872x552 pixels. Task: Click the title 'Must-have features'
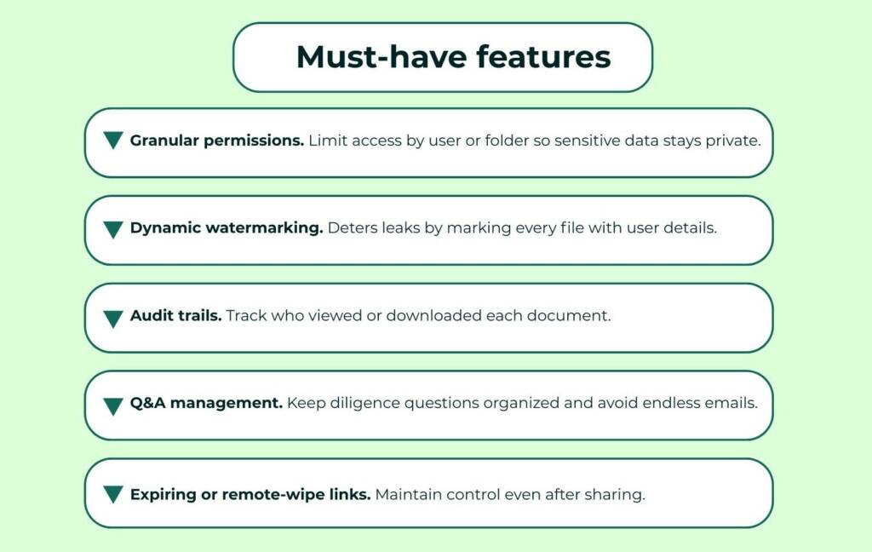tap(453, 57)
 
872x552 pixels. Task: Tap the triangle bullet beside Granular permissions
tap(113, 141)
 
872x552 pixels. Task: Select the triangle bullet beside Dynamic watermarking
tap(113, 229)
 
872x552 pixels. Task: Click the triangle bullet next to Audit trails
tap(113, 319)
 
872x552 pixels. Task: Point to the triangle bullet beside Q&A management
tap(113, 406)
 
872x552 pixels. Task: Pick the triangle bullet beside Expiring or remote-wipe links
tap(113, 494)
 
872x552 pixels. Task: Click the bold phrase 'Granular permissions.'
tap(216, 141)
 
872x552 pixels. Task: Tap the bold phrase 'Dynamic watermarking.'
tap(227, 229)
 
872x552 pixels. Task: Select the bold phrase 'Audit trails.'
tap(175, 316)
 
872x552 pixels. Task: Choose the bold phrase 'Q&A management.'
tap(206, 403)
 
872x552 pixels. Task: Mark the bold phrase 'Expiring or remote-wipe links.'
tap(250, 494)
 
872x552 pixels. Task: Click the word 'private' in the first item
tap(731, 141)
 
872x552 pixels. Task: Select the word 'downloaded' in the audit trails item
tap(433, 316)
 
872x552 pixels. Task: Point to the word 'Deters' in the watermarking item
tap(350, 229)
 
